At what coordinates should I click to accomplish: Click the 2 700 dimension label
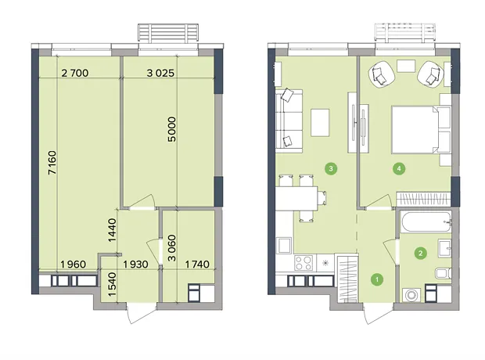pos(75,73)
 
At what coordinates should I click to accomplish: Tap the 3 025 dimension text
pos(160,73)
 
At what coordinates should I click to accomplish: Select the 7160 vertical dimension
pos(52,163)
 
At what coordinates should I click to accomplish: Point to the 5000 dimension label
pos(171,129)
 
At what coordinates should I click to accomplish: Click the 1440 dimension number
pos(112,230)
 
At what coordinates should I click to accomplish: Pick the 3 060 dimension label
pos(171,248)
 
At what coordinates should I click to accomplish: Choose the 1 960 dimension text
pos(74,265)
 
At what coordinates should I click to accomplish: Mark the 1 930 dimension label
pos(136,265)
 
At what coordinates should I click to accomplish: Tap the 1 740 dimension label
pos(197,265)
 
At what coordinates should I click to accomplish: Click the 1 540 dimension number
pos(112,284)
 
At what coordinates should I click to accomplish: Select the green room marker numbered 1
pos(377,279)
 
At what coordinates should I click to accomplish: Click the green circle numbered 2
pos(420,254)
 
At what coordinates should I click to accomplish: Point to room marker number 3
pos(331,169)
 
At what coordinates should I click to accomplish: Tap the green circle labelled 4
pos(399,169)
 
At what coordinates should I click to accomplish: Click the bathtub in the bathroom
pos(426,221)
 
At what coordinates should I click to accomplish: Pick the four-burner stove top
pos(304,263)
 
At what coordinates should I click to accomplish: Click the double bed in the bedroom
pos(421,130)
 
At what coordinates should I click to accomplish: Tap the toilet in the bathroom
pos(444,273)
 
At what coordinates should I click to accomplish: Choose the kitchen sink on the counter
pos(284,246)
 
